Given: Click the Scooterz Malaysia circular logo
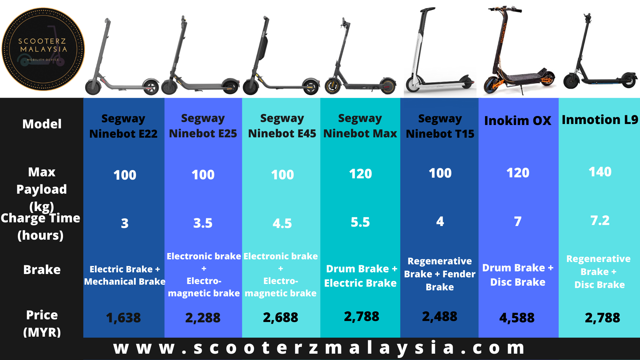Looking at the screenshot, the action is (43, 49).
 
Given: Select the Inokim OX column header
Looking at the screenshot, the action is (518, 121).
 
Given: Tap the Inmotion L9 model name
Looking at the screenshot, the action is (600, 120).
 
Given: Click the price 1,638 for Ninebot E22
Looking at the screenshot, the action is (123, 318).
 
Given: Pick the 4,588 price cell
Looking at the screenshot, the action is (517, 318).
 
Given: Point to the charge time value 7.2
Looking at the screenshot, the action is (600, 221).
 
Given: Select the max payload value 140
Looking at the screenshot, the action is (600, 172).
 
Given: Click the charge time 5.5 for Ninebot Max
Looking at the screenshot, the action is (360, 222).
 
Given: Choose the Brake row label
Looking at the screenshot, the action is (42, 270).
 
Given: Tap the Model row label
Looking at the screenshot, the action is (42, 124).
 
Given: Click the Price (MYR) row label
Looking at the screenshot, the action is (42, 323).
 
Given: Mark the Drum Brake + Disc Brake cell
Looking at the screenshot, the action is (518, 275).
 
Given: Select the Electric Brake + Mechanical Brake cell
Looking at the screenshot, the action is (125, 275).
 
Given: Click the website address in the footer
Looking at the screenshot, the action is (319, 348).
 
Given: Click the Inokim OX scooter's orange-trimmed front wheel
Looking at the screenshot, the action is (494, 85).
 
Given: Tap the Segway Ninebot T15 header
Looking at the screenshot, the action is (440, 126).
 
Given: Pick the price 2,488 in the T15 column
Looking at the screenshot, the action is (440, 317).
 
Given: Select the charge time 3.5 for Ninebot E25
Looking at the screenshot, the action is (203, 223).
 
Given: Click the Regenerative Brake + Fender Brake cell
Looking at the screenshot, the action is (440, 274).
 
